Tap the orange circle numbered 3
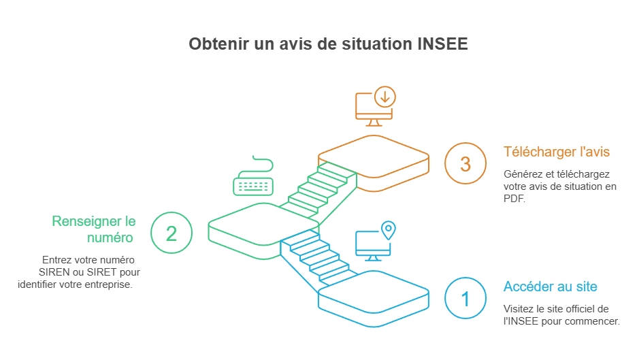click(x=465, y=163)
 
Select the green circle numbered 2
click(x=171, y=233)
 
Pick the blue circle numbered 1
click(x=465, y=298)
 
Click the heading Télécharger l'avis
click(x=557, y=152)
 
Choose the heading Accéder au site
click(x=551, y=287)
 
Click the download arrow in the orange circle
click(x=385, y=97)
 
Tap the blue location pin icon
click(x=389, y=230)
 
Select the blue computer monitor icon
click(x=373, y=246)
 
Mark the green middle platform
click(x=263, y=231)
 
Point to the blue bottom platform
click(x=374, y=299)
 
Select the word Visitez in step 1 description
click(x=519, y=309)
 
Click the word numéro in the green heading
click(x=110, y=238)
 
